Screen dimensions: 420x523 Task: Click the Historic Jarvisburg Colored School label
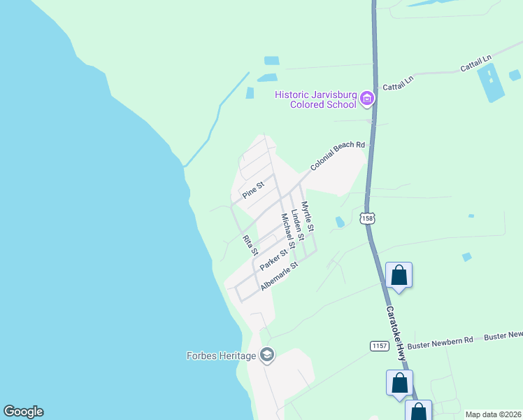[x=315, y=99]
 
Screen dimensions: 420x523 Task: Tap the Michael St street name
[x=288, y=230]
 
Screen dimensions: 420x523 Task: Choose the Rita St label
[x=250, y=246]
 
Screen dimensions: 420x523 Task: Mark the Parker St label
[x=273, y=260]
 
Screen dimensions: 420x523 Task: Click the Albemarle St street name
[x=280, y=276]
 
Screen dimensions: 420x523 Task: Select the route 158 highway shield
[x=367, y=218]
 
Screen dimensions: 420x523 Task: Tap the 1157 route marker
[x=379, y=346]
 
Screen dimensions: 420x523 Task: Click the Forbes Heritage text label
[x=221, y=356]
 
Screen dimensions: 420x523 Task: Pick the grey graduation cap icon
[x=266, y=356]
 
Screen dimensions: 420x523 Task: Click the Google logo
[x=23, y=412]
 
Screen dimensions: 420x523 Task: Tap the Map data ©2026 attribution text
[x=492, y=414]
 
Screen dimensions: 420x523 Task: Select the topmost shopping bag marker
[x=399, y=274]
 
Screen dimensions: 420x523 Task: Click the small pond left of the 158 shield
[x=340, y=222]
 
